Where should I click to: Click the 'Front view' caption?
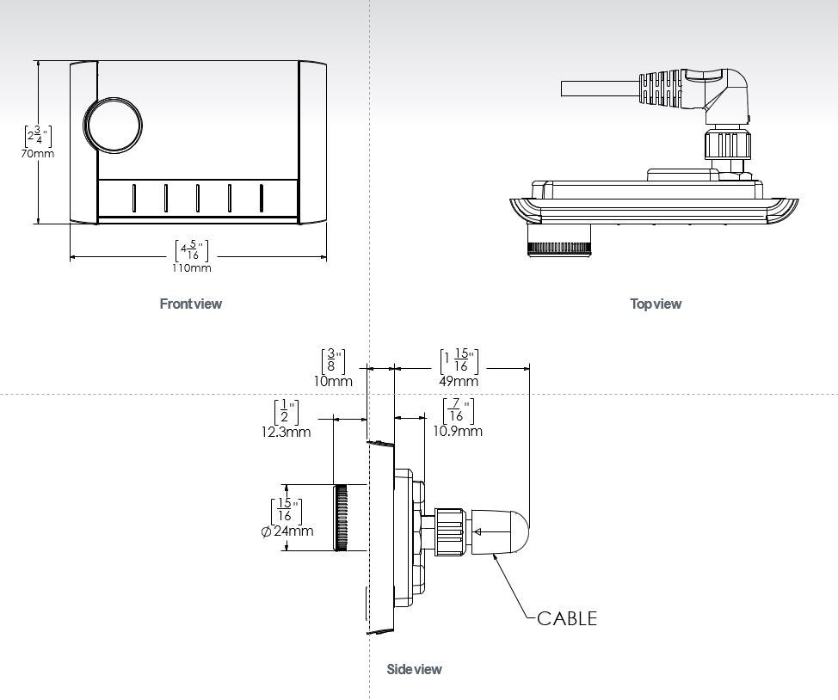click(x=190, y=304)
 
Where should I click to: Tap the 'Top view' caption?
click(x=656, y=304)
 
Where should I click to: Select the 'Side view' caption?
click(x=414, y=669)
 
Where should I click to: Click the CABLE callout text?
click(x=566, y=618)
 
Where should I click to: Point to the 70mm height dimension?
click(x=37, y=154)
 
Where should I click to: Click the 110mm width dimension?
click(x=191, y=267)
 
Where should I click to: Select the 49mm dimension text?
click(x=459, y=381)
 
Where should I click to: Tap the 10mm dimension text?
click(x=333, y=381)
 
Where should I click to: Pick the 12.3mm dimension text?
click(x=286, y=432)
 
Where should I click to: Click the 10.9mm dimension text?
click(x=458, y=431)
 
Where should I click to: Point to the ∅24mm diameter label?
click(x=287, y=531)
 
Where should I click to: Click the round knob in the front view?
click(x=112, y=126)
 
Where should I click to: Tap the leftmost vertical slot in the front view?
click(x=133, y=198)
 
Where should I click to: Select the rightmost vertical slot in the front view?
click(x=261, y=198)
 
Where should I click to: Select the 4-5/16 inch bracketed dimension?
click(x=191, y=250)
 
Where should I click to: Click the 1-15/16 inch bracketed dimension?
click(x=459, y=361)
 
